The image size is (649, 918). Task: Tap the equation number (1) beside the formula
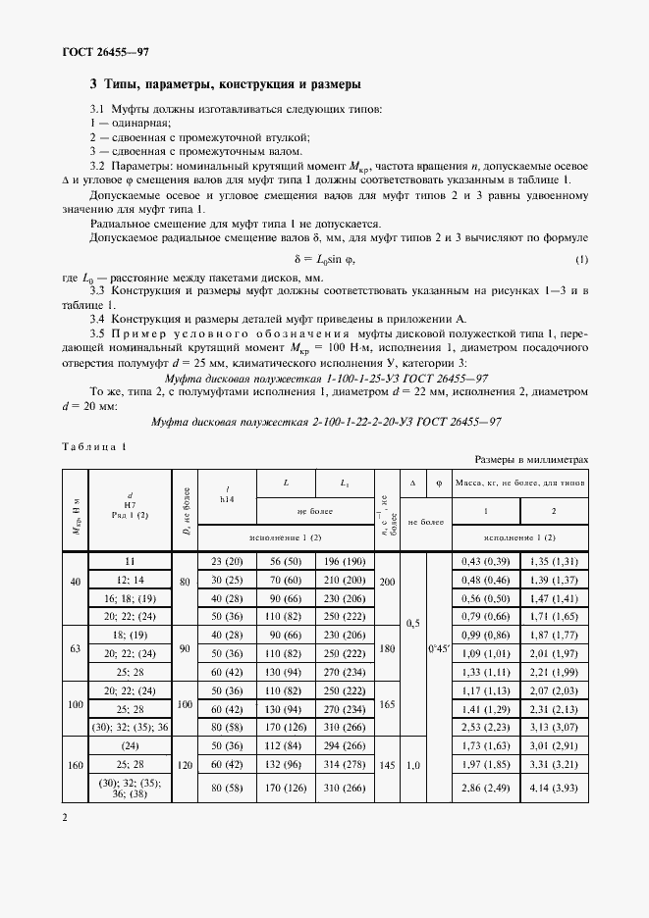tap(581, 258)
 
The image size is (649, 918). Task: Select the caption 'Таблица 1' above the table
tap(94, 446)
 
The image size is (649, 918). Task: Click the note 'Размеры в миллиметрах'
tap(531, 459)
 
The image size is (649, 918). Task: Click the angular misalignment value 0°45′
tap(438, 649)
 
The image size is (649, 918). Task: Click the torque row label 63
tap(76, 649)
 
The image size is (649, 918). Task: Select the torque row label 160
tap(76, 766)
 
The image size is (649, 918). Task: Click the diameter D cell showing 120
tap(186, 766)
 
